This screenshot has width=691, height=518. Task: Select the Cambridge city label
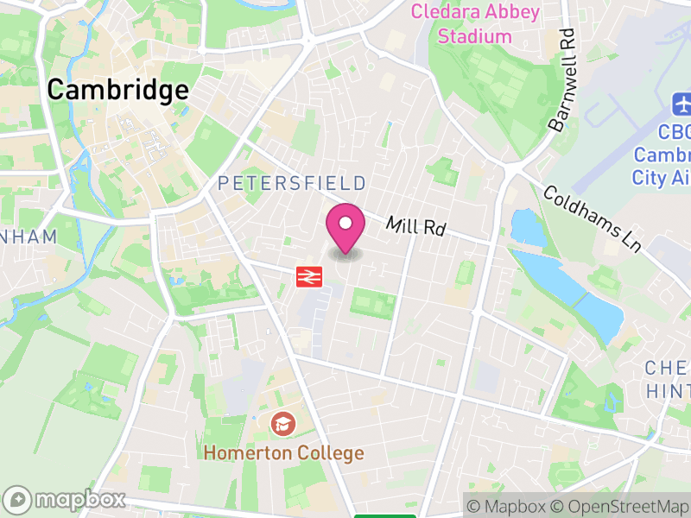coord(117,90)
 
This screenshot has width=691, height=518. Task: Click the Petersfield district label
coord(292,183)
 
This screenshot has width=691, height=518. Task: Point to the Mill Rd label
coord(415,227)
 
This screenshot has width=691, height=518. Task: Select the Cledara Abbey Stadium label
coord(475,24)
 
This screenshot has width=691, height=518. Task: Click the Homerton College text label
coord(284,452)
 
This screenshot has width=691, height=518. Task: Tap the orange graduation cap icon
coord(282,423)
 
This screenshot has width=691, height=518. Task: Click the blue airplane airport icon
coord(681,105)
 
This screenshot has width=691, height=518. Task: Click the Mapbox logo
coord(66,499)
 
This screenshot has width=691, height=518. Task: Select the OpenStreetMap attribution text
coord(620,506)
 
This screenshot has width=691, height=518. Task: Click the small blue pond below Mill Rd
coord(526,226)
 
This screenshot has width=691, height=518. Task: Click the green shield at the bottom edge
coord(384,515)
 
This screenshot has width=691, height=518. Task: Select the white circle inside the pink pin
coord(345,224)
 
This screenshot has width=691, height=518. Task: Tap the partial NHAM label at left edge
coord(28,237)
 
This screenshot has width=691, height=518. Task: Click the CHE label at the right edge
coord(668,369)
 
